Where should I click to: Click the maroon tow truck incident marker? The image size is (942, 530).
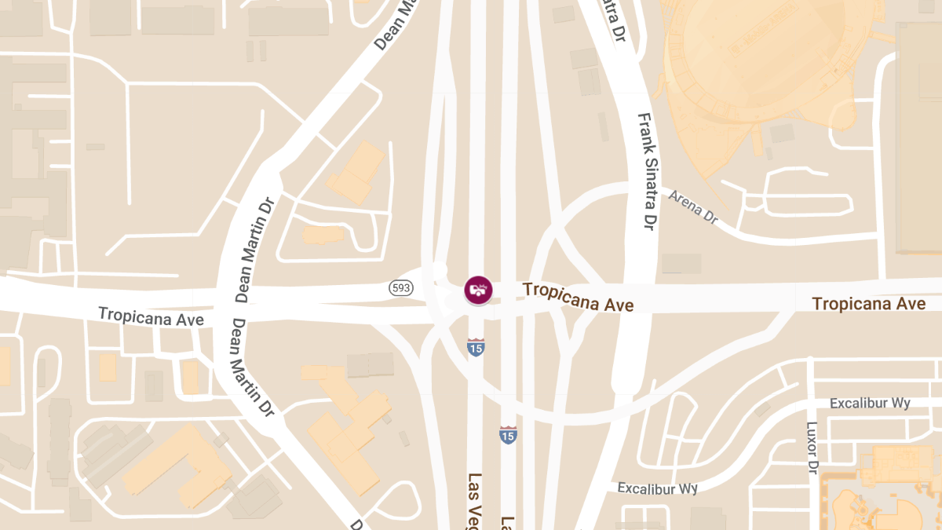click(478, 289)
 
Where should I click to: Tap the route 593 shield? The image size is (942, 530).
click(401, 288)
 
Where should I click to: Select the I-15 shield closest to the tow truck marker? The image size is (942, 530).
click(476, 346)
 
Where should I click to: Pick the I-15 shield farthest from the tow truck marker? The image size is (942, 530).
click(509, 434)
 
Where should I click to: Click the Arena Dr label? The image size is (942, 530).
click(693, 207)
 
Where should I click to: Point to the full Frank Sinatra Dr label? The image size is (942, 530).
click(646, 172)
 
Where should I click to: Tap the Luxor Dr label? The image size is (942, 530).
click(812, 448)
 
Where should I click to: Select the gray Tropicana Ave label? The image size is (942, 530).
click(151, 317)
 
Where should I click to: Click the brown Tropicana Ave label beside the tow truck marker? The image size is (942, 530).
click(578, 297)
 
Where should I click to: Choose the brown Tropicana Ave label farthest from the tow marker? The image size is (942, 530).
click(868, 303)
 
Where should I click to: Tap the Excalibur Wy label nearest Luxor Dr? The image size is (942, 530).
click(870, 403)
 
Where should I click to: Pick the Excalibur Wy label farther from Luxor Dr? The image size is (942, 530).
click(657, 488)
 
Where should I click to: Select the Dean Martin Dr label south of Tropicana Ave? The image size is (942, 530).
click(251, 366)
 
